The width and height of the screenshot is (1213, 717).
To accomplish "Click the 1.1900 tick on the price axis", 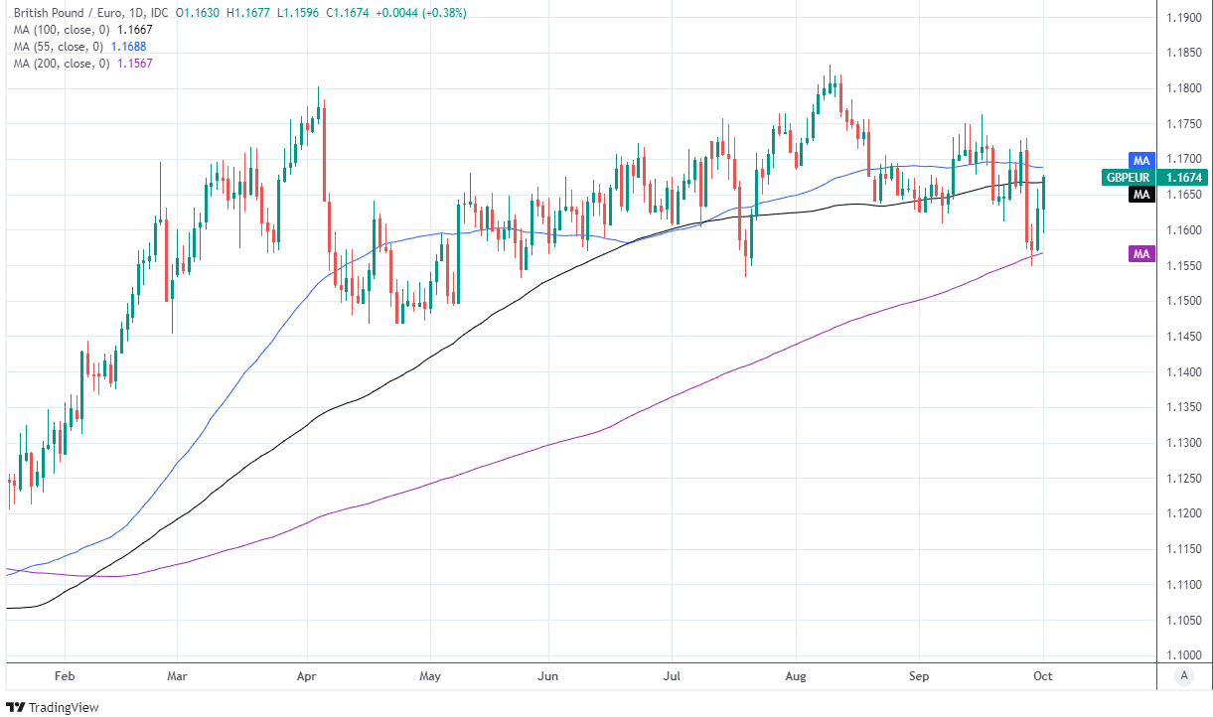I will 1184,18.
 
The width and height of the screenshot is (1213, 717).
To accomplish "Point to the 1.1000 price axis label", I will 1184,654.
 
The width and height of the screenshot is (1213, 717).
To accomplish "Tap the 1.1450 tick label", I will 1184,337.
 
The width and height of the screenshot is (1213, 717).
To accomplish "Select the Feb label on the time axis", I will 65,674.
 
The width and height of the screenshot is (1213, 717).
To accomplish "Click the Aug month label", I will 796,674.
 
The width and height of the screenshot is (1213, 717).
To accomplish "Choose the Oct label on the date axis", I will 1043,674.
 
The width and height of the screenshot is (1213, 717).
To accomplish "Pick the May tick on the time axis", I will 430,674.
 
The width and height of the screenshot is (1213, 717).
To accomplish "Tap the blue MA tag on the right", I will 1141,160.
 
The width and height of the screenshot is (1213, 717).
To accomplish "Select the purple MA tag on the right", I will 1141,254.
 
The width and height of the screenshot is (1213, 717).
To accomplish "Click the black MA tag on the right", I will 1141,195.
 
